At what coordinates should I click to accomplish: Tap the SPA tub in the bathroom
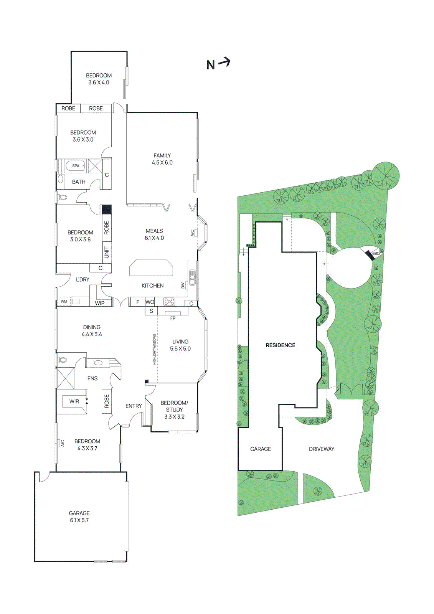coord(76,166)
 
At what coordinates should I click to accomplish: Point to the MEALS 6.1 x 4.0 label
coord(154,234)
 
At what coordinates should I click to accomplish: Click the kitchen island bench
coord(151,268)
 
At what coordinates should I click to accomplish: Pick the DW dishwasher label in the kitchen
coord(183,286)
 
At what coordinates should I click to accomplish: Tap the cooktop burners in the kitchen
coord(169,302)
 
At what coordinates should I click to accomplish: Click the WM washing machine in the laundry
coord(64,302)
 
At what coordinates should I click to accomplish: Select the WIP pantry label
coord(100,303)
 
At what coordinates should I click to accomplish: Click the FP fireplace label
coord(173,318)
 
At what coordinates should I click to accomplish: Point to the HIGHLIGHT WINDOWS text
coord(155,349)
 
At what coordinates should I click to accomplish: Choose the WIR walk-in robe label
coord(74,401)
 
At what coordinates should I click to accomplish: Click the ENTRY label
coord(134,406)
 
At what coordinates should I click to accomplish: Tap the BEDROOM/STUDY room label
coord(174,409)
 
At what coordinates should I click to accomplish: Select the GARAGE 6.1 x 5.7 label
coord(79,517)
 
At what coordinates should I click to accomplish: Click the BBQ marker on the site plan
coord(375,253)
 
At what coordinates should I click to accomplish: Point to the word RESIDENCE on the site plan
coord(281,345)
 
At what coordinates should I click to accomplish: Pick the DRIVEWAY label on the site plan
coord(322,449)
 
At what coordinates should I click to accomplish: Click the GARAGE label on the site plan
coord(261,449)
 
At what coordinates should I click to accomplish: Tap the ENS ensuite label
coord(92,378)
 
